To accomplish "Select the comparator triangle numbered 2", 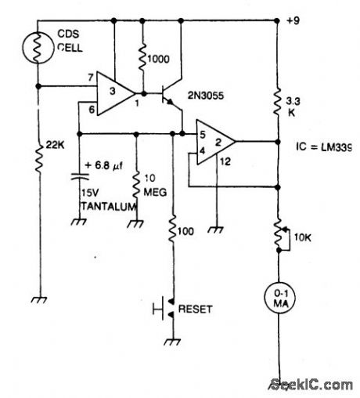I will pos(214,142).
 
